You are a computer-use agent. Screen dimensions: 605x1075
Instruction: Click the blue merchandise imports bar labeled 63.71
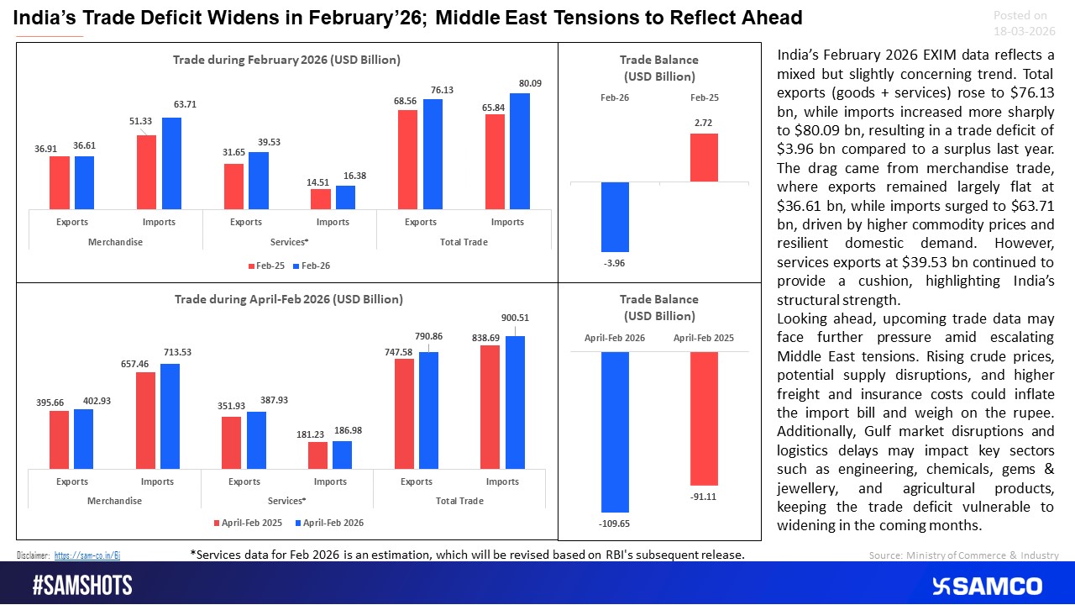click(x=171, y=163)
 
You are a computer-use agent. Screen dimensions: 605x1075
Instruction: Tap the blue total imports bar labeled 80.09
click(x=520, y=151)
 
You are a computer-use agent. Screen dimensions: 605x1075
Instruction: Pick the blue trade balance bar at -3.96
click(x=615, y=217)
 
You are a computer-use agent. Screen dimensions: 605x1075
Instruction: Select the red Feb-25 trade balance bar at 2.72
click(x=704, y=158)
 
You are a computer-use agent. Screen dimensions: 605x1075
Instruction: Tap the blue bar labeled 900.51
click(x=515, y=402)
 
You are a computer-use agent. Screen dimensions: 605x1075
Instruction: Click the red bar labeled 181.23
click(x=317, y=455)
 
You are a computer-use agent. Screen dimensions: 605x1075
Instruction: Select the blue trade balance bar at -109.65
click(x=615, y=432)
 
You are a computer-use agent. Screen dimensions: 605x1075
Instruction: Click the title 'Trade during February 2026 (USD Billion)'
click(x=286, y=60)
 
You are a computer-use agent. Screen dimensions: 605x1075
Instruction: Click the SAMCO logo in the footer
click(x=987, y=586)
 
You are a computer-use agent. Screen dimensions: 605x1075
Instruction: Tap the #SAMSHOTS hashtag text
click(x=82, y=585)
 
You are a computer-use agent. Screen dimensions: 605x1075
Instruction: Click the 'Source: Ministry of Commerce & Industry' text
click(x=963, y=555)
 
